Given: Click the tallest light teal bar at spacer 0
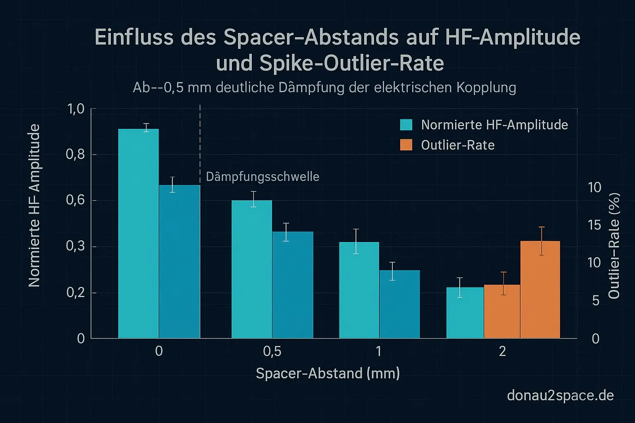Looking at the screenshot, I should tap(138, 233).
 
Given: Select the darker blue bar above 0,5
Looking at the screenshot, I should tap(293, 285).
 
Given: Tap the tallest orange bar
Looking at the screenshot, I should tap(540, 290).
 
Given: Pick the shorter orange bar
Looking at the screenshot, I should tap(502, 311).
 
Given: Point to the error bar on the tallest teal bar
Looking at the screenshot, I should tap(146, 127).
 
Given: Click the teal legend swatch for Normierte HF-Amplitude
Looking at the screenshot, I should tap(406, 125).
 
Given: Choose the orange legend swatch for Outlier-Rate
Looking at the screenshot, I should tap(406, 145).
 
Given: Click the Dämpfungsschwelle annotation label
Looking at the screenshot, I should tap(263, 177).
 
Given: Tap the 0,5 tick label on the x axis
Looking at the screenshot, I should tap(272, 351).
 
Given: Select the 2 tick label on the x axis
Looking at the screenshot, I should tap(502, 351).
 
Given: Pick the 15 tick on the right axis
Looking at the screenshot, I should tap(594, 225).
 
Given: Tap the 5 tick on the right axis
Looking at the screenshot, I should tap(595, 301).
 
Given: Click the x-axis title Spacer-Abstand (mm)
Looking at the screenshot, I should tap(328, 373).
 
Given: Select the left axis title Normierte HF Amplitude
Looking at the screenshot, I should tap(34, 205).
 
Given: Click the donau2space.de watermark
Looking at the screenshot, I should tap(560, 395).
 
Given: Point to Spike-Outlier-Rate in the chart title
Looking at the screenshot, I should tap(352, 63).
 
